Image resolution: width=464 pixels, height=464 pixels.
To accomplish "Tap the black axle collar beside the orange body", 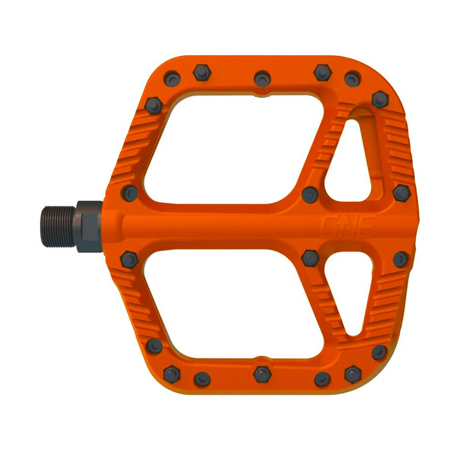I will tap(89, 226).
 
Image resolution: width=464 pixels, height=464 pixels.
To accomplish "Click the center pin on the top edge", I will tap(261, 78).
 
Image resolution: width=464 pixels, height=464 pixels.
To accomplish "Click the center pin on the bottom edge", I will tap(261, 373).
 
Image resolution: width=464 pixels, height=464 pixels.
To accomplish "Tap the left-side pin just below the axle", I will tap(129, 260).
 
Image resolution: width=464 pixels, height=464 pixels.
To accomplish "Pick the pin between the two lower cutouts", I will tap(310, 258).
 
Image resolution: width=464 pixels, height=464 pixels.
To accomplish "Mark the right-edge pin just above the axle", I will tap(401, 193).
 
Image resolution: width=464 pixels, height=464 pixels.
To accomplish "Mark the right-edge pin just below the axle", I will tap(401, 260).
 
